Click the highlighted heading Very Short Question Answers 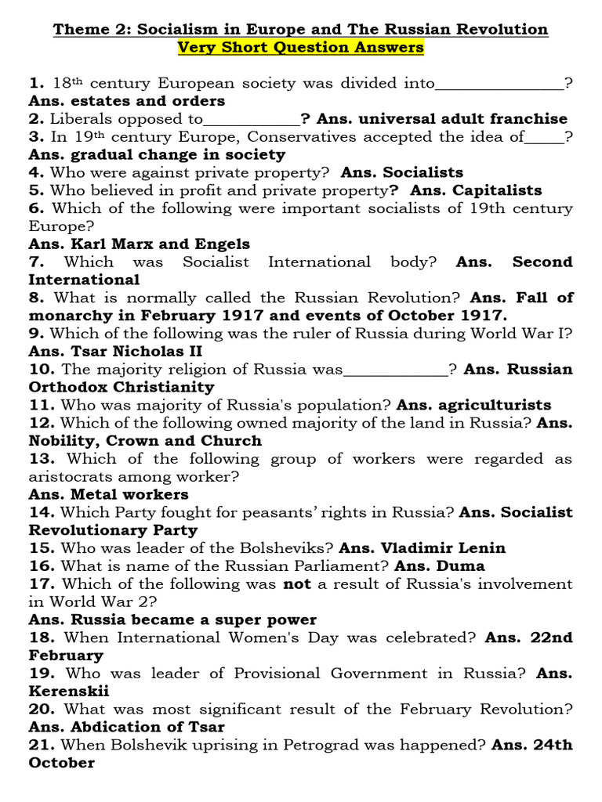[x=300, y=47]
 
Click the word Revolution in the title [x=503, y=29]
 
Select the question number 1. [x=36, y=83]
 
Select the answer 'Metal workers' [x=125, y=494]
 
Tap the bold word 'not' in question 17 [x=297, y=583]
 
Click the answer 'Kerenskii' [x=69, y=691]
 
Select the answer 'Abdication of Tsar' [x=143, y=727]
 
